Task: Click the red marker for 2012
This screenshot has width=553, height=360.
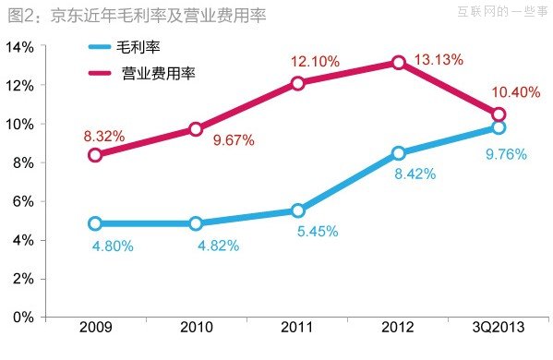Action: [398, 63]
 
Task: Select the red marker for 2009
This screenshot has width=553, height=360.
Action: [95, 155]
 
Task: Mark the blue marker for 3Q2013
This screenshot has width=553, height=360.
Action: [499, 127]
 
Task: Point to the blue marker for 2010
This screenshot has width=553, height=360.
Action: [197, 223]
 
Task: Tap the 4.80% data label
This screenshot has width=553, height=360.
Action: [113, 246]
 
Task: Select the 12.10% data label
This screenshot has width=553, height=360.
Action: [315, 61]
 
